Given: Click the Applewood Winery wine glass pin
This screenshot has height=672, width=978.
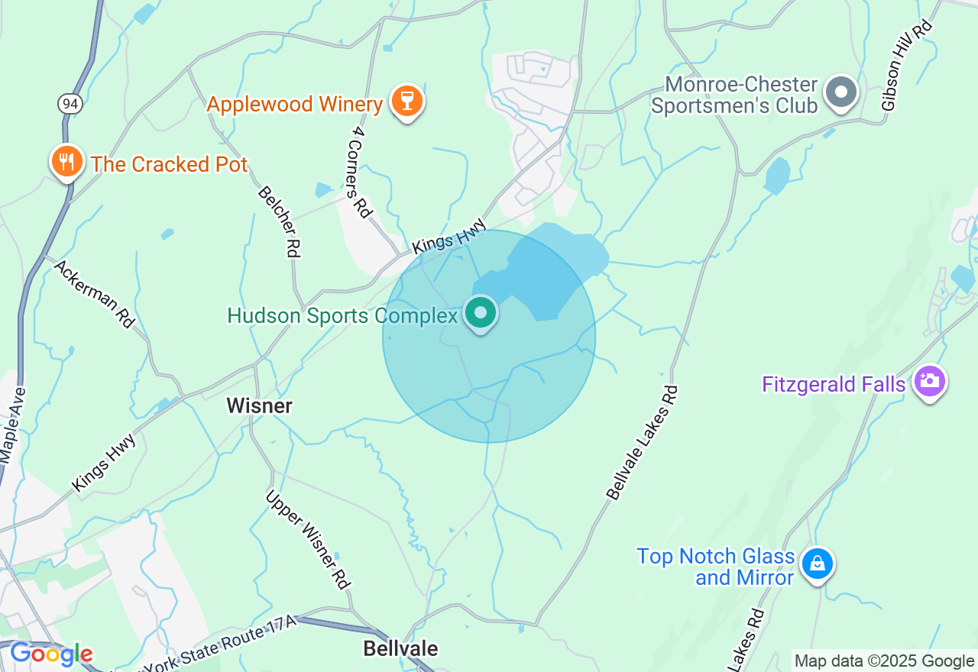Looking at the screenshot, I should pos(406,101).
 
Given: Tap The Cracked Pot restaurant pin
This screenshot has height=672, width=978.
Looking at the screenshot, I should pos(67,163).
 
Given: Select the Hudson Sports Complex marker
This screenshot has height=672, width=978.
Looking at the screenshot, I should pos(481,313).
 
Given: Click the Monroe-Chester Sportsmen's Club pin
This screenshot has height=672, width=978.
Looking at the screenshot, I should pos(841,92).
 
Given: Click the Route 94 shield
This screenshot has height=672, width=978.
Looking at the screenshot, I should pos(70,105).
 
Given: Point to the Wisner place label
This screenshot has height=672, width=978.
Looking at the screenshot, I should pos(259,406).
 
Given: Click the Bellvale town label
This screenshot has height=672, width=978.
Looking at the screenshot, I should pos(400,649).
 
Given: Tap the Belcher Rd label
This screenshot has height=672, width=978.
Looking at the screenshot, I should pos(280,221).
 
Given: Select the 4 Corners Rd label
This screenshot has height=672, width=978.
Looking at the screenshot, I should pos(359,173).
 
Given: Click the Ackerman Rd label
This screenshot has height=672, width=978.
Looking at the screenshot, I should pos(95,293).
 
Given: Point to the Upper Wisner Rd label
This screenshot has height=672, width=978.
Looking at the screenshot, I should pos(308,539).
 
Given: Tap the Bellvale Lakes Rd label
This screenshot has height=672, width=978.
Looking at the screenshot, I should pos(642,443).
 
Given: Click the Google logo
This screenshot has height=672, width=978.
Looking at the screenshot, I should pos(51,654).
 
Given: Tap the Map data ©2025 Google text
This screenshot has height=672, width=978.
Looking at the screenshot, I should pos(884,661).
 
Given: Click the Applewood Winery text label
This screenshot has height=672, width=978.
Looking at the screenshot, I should pos(294,104).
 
